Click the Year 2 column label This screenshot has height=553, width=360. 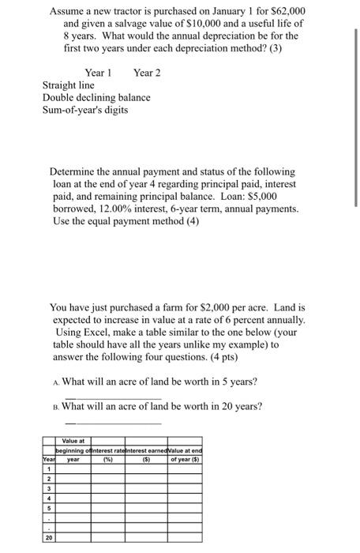pos(147,73)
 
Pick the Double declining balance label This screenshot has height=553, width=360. pos(96,98)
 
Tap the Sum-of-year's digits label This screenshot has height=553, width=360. pos(84,111)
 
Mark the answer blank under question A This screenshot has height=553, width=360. pos(113,397)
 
